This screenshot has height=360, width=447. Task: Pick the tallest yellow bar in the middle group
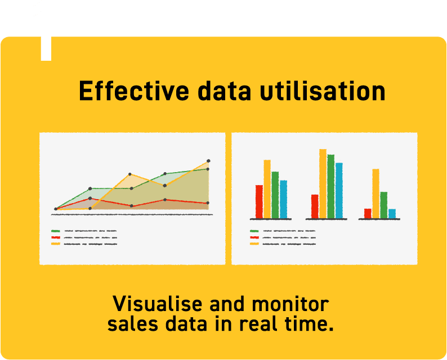click(323, 183)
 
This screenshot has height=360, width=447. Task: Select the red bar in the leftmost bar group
click(259, 201)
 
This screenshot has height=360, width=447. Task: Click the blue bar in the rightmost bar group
click(392, 213)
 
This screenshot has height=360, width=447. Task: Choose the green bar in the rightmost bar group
click(383, 205)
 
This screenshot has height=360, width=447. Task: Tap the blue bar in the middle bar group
click(339, 190)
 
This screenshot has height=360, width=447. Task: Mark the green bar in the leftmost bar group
click(275, 195)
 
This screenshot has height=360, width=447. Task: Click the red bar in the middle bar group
click(315, 206)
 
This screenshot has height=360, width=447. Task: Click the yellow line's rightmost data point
click(208, 161)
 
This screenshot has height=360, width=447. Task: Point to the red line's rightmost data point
click(208, 202)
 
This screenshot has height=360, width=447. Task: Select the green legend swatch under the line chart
click(56, 231)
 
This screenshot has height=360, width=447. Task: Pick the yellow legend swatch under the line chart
click(56, 244)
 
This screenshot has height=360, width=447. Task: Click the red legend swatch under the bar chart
click(254, 237)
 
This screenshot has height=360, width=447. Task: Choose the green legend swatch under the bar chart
click(254, 231)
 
